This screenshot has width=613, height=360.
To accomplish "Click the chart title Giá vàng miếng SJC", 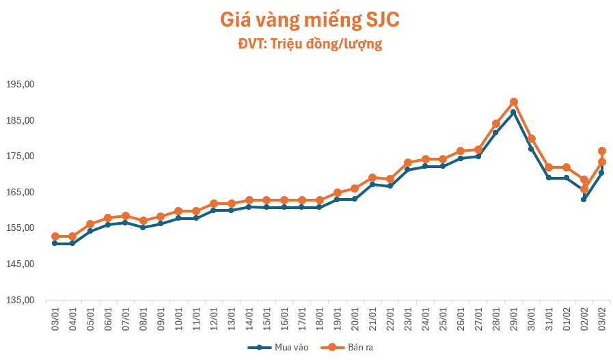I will [310, 20].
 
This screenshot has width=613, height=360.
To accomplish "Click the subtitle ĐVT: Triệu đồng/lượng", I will [310, 44].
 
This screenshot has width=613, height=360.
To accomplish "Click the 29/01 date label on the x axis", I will [513, 318].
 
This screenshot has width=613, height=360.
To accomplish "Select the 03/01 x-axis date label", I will [55, 318].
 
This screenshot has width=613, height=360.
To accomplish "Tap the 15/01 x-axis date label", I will [267, 318].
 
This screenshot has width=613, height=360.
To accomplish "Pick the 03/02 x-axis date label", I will [601, 318].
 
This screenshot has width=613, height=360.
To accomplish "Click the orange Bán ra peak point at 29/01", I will [513, 102].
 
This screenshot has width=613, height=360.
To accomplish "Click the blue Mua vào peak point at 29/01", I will [513, 112].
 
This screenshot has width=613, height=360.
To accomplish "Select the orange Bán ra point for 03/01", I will [55, 236].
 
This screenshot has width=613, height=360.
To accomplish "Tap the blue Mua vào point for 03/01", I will [55, 243].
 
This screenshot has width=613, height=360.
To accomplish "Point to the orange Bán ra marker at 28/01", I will [496, 124].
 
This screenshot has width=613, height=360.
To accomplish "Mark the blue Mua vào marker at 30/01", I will [531, 149].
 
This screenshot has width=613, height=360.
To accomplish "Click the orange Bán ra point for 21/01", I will [372, 178].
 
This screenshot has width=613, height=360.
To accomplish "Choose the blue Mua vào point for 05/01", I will [90, 231].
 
